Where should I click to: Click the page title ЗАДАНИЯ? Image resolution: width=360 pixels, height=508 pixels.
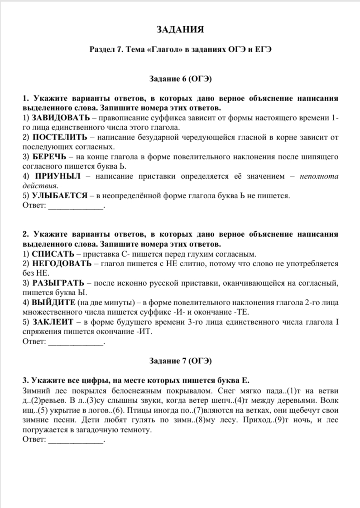[180, 30]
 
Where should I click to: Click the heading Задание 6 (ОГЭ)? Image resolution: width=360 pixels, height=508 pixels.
[180, 78]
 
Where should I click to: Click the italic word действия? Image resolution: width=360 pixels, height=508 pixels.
[40, 186]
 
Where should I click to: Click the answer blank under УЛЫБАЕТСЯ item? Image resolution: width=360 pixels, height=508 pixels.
[76, 206]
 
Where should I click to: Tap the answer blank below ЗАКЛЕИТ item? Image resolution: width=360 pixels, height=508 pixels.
[76, 342]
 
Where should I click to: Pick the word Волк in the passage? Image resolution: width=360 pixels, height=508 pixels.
[329, 400]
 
